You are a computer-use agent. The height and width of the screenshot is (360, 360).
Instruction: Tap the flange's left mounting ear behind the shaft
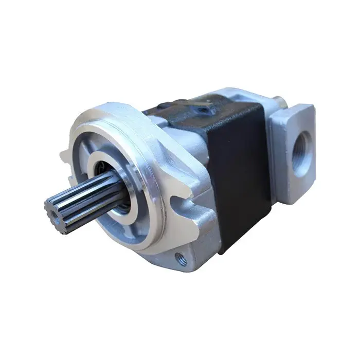[x=66, y=154]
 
